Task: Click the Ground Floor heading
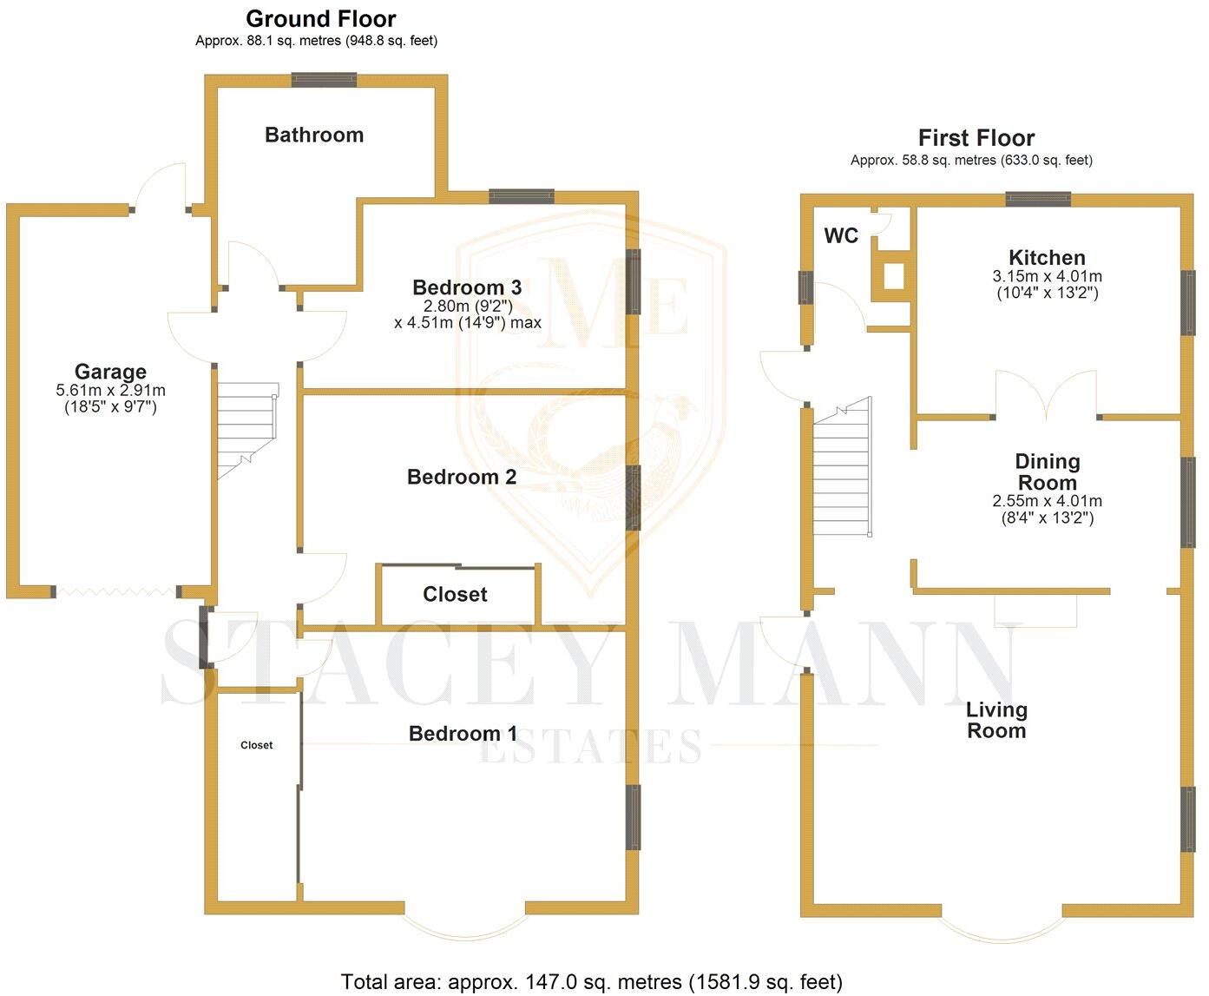tap(320, 19)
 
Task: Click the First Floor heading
tap(976, 138)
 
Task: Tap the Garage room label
tap(110, 373)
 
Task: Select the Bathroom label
tap(314, 135)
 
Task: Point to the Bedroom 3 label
tap(467, 287)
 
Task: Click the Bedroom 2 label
tap(462, 477)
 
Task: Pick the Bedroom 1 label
tap(463, 734)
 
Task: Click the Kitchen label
tap(1047, 258)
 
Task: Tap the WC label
tap(841, 236)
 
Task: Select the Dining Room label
tap(1048, 472)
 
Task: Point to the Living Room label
tap(996, 720)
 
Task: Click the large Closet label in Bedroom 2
tap(455, 595)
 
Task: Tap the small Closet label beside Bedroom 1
tap(256, 745)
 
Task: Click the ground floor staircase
tap(246, 430)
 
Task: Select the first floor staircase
tap(842, 469)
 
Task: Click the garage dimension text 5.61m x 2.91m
tap(110, 391)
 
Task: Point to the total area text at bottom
tap(592, 982)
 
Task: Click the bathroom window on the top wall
tap(324, 80)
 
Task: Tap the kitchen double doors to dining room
tap(1046, 396)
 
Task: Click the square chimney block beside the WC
tap(892, 276)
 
